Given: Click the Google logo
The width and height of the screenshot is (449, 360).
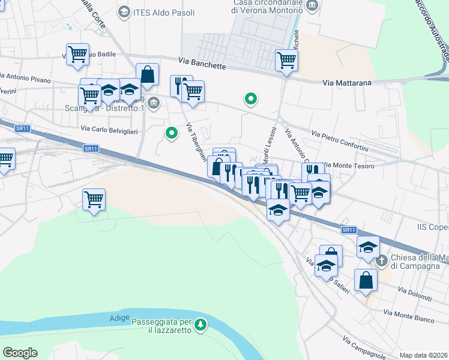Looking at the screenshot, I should [20, 353].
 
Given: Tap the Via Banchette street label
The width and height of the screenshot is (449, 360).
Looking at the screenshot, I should [202, 62].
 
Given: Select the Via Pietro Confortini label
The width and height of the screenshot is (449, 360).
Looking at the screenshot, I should [340, 141].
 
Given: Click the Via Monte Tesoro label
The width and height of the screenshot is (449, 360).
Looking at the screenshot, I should [349, 166].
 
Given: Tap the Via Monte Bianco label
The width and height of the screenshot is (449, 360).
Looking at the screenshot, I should [409, 316].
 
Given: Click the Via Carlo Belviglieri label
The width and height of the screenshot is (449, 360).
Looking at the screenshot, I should [109, 129].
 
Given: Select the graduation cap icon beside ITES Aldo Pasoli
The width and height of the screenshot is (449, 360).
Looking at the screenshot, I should [124, 11].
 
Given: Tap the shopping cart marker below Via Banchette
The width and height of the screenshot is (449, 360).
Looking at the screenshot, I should [287, 59].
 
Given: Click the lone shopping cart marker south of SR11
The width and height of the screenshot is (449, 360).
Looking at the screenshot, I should [94, 199].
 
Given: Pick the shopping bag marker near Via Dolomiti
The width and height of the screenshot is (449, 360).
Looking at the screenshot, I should [366, 280].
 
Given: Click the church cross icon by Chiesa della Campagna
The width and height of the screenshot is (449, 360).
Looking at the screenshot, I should [381, 262].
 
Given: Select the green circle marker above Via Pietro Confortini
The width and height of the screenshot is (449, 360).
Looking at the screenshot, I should [250, 99].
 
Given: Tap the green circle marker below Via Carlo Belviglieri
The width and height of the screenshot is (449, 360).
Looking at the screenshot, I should [172, 133].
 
